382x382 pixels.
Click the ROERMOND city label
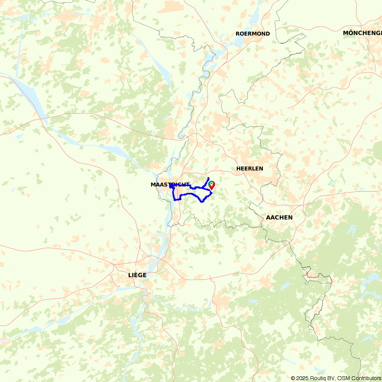coord(253,34)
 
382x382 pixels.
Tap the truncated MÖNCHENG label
coord(362,33)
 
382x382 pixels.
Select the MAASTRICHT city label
coord(170,185)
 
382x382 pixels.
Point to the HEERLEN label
coord(250,168)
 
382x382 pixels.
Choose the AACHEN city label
coord(279,217)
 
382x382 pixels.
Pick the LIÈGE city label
coord(137,275)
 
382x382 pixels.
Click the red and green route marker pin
coord(211,185)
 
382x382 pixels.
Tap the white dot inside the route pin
coord(211,184)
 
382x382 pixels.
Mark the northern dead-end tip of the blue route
coord(208,178)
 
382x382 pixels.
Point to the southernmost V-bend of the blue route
coord(202,202)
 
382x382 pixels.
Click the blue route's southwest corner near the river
coord(175,200)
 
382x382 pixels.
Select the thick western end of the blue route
coord(171,186)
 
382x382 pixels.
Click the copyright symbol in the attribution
coord(293,378)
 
